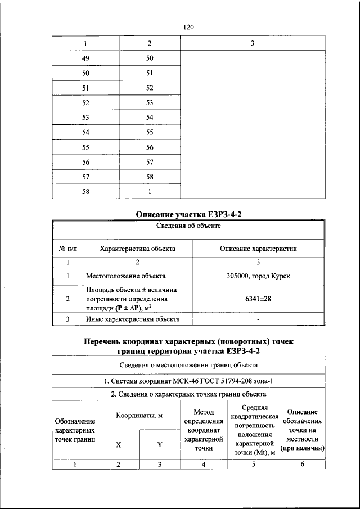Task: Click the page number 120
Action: (x=188, y=26)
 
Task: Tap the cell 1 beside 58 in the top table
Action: (x=149, y=192)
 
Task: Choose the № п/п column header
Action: (x=67, y=248)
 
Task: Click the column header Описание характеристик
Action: (x=258, y=248)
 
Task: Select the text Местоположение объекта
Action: (x=125, y=276)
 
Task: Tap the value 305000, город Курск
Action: (x=258, y=276)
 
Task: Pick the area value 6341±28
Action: (x=258, y=299)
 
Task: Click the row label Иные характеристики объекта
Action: (x=133, y=319)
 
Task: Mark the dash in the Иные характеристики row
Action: (x=258, y=319)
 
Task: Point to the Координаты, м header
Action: (x=139, y=416)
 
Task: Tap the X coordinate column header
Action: (x=118, y=444)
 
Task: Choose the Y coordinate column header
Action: (x=159, y=444)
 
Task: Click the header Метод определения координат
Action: (x=203, y=431)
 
